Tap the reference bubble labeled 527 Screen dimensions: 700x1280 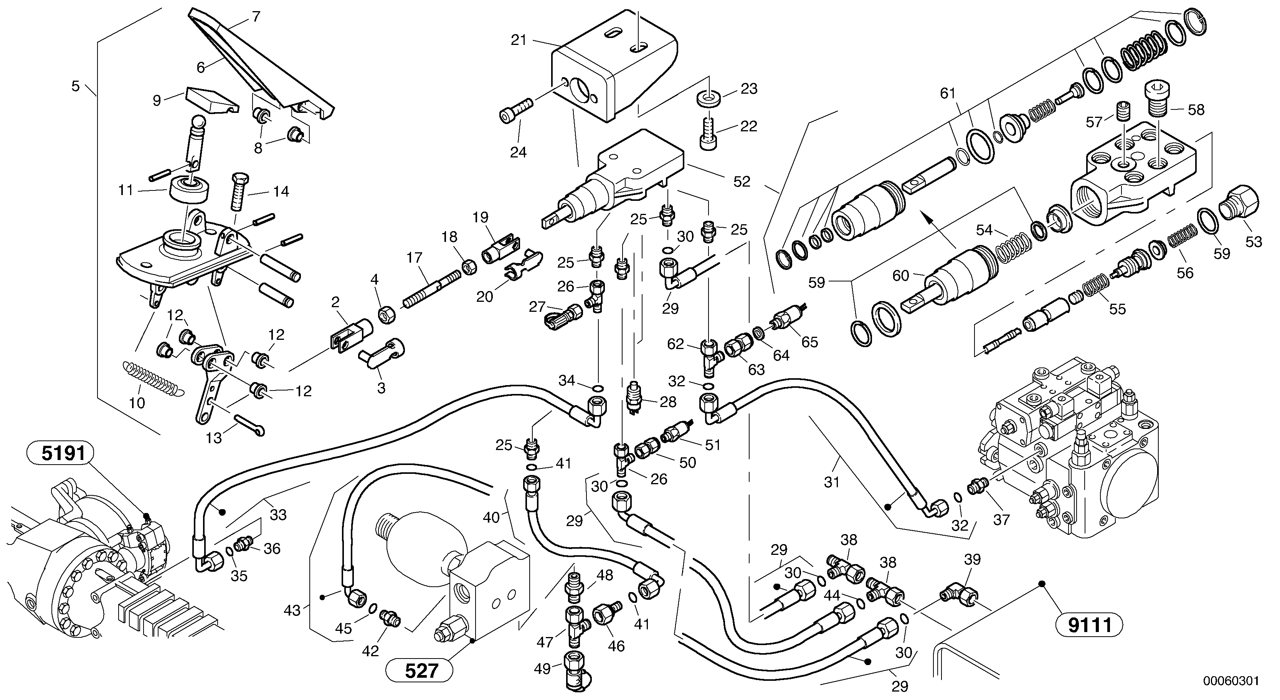coord(420,671)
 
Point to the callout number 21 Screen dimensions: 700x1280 coord(519,40)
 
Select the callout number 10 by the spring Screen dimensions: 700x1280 coord(137,403)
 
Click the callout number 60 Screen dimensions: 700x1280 coord(901,275)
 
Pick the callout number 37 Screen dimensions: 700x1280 coord(1001,520)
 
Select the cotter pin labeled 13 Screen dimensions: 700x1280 coord(249,425)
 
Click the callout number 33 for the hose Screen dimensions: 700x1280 coord(278,515)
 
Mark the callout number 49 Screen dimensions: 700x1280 coord(542,669)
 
